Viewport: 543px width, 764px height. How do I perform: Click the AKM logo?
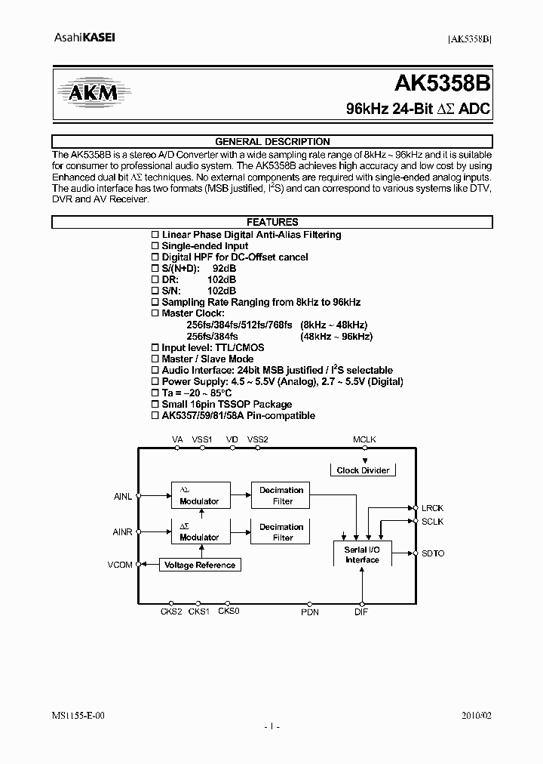89,93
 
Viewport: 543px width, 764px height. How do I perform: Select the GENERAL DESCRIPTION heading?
272,142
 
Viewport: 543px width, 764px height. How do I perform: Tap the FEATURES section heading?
272,223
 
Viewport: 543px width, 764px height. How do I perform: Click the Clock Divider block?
363,470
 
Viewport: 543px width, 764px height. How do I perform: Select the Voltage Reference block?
200,565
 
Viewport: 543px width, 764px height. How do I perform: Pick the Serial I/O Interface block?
362,555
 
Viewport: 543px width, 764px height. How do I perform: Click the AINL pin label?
122,496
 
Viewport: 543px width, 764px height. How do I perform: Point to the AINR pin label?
122,532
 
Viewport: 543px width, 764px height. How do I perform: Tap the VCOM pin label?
119,565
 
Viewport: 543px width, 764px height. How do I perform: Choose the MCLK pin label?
364,439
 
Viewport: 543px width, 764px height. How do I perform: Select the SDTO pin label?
432,553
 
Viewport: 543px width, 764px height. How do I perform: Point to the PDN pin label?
310,612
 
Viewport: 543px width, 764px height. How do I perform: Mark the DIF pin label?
361,612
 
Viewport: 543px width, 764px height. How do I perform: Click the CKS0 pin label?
229,612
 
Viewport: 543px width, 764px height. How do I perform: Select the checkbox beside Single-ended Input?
155,246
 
